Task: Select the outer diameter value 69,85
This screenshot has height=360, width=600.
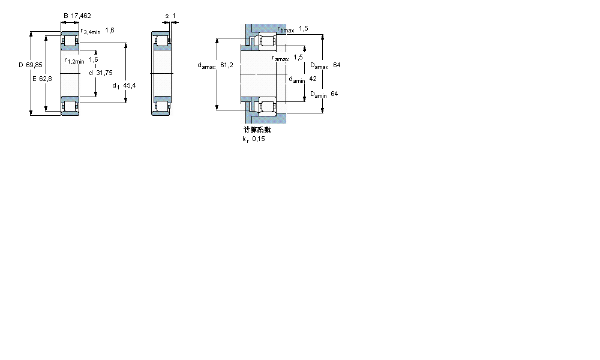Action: tap(34, 65)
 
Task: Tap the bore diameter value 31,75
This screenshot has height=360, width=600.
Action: tap(104, 73)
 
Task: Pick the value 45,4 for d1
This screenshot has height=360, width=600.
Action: tap(129, 86)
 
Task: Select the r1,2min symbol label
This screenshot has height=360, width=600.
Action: tap(74, 61)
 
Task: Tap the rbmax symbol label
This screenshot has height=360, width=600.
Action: tap(286, 29)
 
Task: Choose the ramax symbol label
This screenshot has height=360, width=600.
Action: tap(280, 58)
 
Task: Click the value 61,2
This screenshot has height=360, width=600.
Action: tap(227, 65)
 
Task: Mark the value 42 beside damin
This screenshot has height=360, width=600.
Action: tap(312, 79)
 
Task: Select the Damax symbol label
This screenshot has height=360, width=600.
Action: tap(319, 66)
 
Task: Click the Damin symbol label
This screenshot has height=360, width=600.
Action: tap(318, 94)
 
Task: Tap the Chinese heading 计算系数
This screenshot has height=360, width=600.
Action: tap(257, 130)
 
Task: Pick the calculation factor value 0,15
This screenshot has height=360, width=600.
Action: tap(259, 139)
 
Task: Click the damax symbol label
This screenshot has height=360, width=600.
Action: tap(207, 66)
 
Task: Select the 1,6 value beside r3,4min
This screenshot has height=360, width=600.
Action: tap(110, 29)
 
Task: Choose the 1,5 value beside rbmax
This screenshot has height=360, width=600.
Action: tap(304, 29)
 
